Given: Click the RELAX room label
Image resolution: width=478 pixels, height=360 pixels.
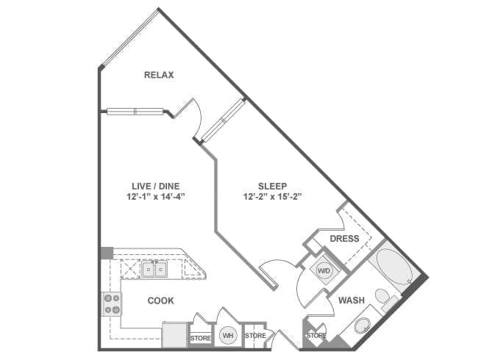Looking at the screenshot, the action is pos(159,75).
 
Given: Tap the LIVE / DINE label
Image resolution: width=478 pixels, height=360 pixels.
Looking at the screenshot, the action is pos(155,186).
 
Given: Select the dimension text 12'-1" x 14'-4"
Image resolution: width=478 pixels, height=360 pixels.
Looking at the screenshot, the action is pos(156,197).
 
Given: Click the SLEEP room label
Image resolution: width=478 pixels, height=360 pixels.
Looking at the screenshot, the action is pos(272,186).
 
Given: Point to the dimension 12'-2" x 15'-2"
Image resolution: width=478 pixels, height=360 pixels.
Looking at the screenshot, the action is pos(272,197).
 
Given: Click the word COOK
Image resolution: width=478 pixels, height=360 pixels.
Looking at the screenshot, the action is pos(160,300).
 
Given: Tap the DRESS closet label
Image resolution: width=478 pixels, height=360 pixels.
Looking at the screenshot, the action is pos(344,239).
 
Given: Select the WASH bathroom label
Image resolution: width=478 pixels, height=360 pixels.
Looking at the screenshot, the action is pos(352,300).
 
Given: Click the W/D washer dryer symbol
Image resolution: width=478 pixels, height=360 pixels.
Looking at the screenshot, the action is pos(324,270).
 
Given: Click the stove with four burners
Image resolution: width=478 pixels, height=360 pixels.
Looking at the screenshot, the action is pos(112,304).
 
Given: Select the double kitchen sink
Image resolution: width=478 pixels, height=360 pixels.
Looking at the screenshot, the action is pos(154,269).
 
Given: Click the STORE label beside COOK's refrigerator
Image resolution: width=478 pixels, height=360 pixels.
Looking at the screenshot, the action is pos(200,339).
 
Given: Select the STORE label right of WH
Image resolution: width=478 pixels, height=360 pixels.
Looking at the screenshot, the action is pos(255,336).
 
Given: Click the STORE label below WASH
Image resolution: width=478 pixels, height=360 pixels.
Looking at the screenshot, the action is pos(316,336).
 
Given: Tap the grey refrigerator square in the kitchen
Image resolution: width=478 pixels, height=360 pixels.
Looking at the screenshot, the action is pos(174,335).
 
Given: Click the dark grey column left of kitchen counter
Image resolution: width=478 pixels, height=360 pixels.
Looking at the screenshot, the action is pos(107,253).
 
